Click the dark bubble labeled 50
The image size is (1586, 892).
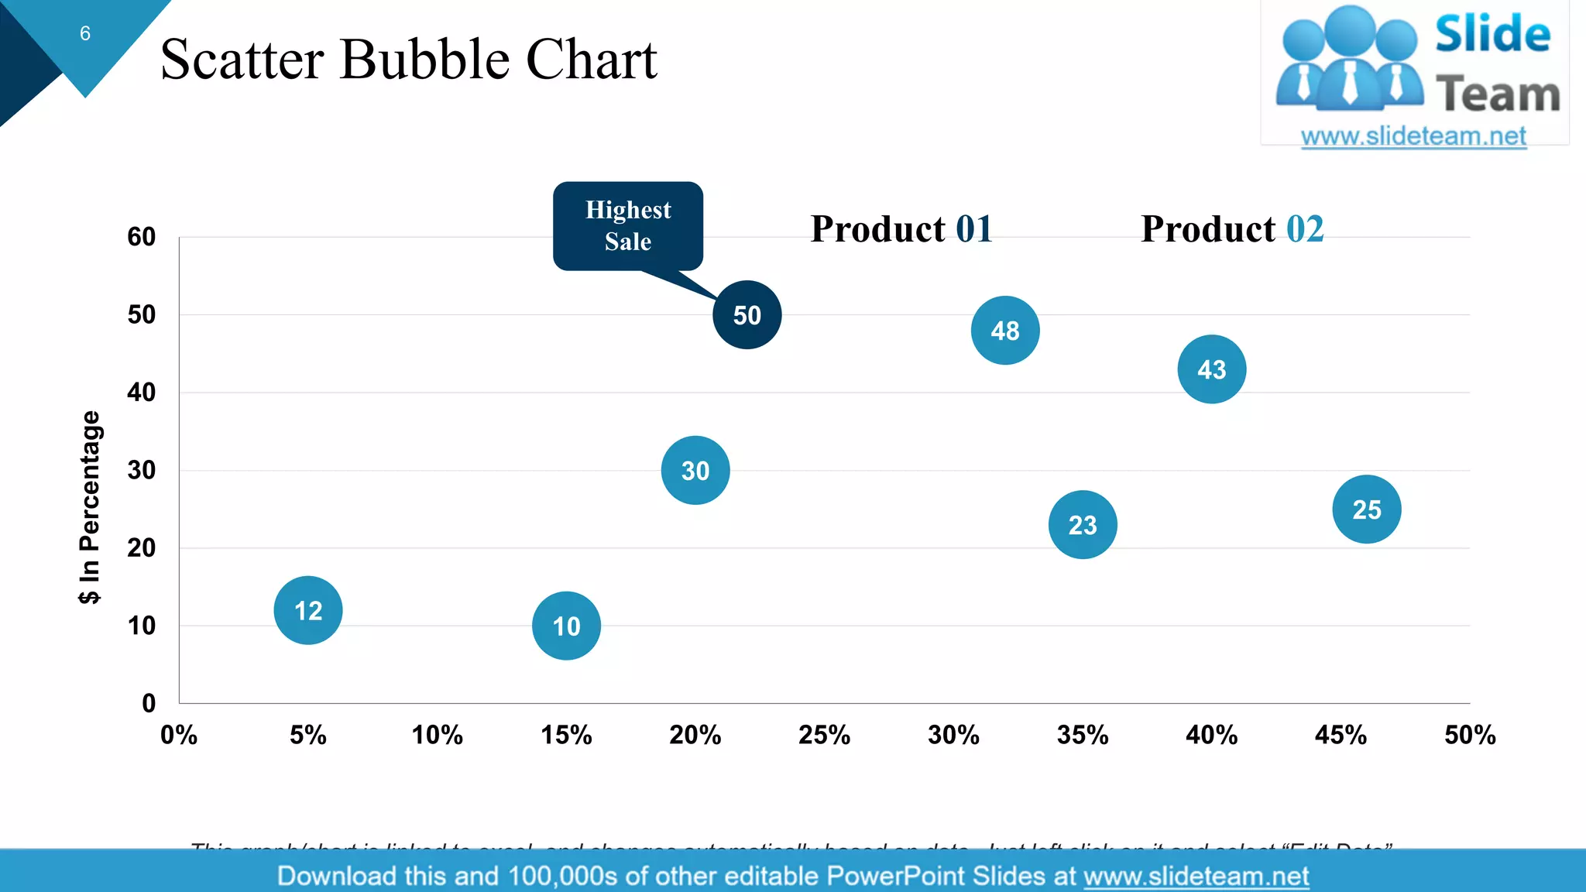coord(747,315)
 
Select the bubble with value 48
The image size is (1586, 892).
coord(1005,331)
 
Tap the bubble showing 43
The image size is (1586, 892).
coord(1212,369)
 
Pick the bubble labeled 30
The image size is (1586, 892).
coord(695,470)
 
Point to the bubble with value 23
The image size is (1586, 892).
coord(1083,525)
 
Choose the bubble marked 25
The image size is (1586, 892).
coord(1367,509)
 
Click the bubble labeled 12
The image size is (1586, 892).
coord(308,610)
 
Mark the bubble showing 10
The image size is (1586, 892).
coord(566,626)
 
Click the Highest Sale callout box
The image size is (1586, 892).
coord(628,225)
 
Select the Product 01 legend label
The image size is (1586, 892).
coord(901,229)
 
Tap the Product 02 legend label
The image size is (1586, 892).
coord(1232,229)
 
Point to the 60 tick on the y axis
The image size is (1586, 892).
coord(142,237)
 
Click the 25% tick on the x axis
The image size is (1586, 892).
coord(824,735)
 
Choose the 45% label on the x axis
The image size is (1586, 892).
coord(1341,735)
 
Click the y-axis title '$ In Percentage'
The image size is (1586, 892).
coord(90,507)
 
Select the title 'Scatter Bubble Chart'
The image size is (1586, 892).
coord(408,60)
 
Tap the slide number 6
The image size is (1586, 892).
coord(85,33)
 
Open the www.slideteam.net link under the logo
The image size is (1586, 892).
coord(1413,136)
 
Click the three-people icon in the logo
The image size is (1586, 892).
coord(1350,58)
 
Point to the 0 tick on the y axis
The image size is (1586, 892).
coord(149,703)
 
